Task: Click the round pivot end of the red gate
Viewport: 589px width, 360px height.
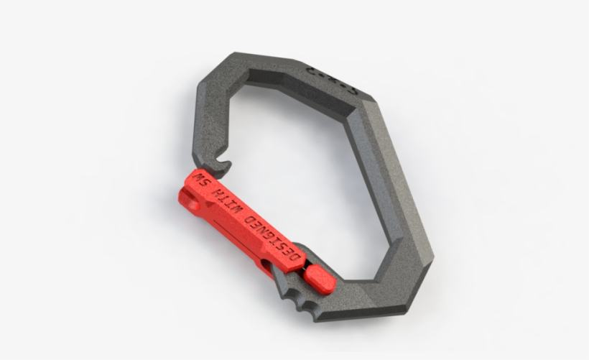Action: (191, 201)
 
